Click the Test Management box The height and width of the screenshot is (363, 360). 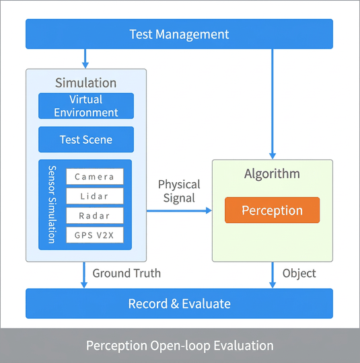pos(179,34)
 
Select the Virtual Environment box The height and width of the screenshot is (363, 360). pos(86,106)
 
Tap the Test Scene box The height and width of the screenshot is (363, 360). pos(86,139)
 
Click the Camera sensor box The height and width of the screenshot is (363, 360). pos(95,176)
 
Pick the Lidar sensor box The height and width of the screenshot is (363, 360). pos(95,196)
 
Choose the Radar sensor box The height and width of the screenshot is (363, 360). pos(95,216)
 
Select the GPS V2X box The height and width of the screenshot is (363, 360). pos(95,235)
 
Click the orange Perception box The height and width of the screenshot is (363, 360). pos(272,210)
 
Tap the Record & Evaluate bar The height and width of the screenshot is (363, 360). pos(179,303)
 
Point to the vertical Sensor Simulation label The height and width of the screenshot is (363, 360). pos(52,204)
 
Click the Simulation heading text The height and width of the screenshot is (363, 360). pos(85,83)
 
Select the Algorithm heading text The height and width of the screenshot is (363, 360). pos(272,173)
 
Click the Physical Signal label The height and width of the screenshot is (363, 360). pos(179,191)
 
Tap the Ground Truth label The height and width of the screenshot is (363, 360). pos(127,273)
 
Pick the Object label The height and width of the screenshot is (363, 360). pos(299,274)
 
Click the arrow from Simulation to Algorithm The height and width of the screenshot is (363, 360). pos(179,210)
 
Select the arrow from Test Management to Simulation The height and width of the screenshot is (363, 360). pos(85,58)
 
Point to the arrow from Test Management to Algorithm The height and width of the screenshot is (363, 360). pos(273,104)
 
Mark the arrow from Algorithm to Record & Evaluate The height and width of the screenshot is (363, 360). pos(273,275)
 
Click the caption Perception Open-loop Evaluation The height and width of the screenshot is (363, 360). pos(180,346)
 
